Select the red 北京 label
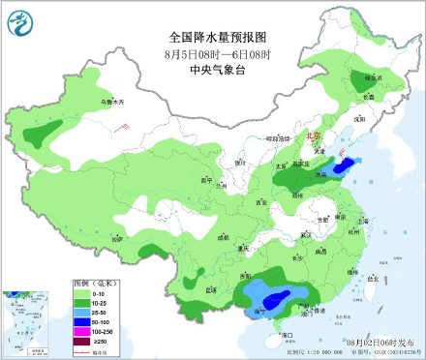pos(312,137)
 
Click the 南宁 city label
pos(259,312)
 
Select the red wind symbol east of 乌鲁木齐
pos(123,126)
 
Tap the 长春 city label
pos(368,96)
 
